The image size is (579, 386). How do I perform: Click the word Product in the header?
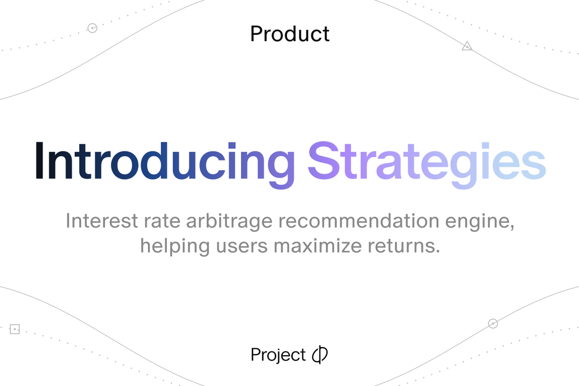[x=289, y=34]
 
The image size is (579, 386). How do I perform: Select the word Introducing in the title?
[x=164, y=161]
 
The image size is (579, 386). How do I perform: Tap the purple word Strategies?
[x=427, y=161]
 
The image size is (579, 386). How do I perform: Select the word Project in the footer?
[x=278, y=355]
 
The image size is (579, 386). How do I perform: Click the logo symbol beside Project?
[x=320, y=355]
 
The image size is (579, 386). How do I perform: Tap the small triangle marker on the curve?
[x=467, y=46]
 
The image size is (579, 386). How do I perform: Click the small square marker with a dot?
[x=15, y=329]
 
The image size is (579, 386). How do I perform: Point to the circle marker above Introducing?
[x=92, y=28]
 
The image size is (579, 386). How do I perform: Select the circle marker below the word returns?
[x=493, y=324]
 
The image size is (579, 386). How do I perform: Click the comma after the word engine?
[x=512, y=227]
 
